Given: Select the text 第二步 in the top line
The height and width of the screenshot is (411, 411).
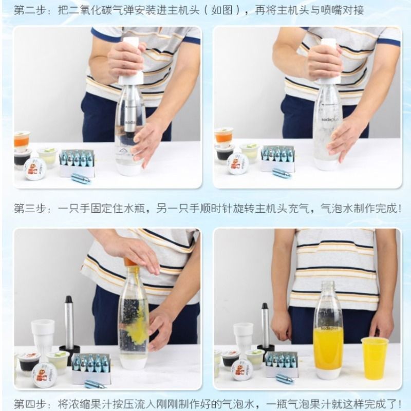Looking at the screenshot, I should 27,10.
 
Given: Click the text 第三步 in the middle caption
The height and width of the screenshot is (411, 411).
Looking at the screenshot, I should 27,209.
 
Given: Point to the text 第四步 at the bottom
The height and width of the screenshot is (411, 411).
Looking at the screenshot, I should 27,403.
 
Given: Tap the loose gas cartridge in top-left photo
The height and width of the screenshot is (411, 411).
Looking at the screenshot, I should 81,178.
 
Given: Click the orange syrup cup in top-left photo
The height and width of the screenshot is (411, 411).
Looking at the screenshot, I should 22,140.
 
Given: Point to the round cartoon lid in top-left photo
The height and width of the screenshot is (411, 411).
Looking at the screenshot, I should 35,169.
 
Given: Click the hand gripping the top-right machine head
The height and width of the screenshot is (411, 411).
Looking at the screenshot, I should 324,62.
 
